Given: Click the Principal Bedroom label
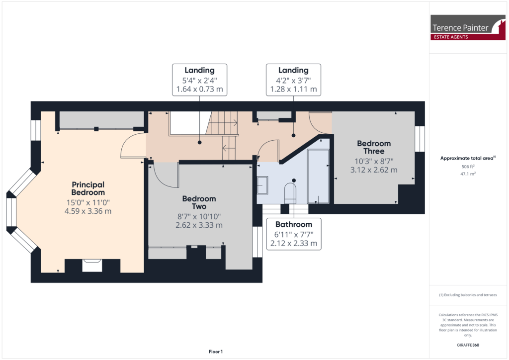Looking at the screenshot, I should click(88, 188).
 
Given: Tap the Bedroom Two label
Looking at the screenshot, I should click(199, 202).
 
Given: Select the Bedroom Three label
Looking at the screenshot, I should click(374, 147).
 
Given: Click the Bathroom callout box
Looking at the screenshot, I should click(294, 234).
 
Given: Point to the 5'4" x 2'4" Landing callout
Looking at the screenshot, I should click(200, 80).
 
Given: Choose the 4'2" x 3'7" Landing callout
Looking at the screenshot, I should click(293, 80).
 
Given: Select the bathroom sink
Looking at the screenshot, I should click(263, 185).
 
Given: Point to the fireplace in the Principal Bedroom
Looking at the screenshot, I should click(92, 265).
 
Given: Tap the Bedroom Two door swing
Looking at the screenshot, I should click(166, 174).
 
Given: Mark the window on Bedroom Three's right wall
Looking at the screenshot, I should click(421, 138).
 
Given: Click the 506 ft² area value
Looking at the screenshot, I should click(467, 167).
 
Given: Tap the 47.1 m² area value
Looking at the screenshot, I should click(467, 175).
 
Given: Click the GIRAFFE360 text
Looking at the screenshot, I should click(467, 345).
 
